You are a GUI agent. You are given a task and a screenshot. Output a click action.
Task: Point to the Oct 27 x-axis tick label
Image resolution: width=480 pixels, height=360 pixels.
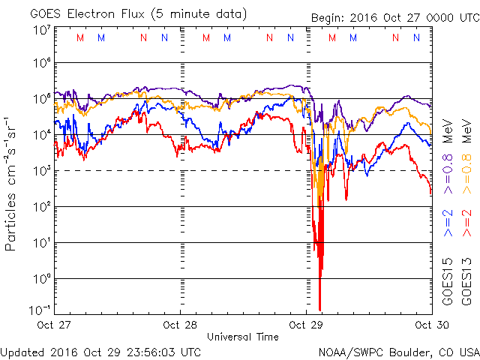[55, 325]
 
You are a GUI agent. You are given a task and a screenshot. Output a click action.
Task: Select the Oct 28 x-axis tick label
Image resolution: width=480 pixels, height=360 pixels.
[180, 325]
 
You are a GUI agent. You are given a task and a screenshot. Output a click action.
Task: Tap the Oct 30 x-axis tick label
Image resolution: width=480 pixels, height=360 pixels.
[430, 325]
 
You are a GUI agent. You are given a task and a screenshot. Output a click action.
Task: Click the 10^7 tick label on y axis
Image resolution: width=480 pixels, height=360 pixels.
[41, 30]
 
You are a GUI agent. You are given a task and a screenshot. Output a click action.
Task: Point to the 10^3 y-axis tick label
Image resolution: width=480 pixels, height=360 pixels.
[41, 171]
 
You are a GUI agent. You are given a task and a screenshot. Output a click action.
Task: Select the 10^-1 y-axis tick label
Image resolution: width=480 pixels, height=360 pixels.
[41, 310]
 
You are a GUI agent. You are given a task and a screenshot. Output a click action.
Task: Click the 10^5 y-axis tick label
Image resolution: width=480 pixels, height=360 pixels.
[41, 99]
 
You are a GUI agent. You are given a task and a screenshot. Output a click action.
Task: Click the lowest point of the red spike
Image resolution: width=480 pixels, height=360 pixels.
[320, 309]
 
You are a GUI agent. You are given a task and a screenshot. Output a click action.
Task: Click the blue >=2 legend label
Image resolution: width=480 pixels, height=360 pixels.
[448, 223]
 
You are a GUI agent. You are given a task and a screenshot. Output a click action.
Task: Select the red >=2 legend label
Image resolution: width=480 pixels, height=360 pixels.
[466, 223]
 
